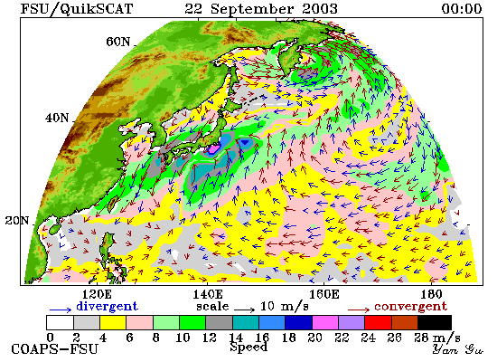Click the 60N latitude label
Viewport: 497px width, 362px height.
click(x=117, y=42)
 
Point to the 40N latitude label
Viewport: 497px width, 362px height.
click(x=57, y=119)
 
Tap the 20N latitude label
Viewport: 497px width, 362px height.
click(x=17, y=221)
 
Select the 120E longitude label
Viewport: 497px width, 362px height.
click(x=97, y=294)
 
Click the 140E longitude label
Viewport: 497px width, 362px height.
click(x=208, y=294)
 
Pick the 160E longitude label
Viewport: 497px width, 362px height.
click(x=324, y=294)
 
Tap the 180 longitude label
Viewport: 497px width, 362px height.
click(x=431, y=294)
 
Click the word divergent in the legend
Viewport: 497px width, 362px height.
click(x=108, y=306)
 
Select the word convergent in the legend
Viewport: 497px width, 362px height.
click(x=411, y=307)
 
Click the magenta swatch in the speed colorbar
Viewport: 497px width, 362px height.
click(x=325, y=322)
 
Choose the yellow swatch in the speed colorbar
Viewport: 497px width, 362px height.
click(x=113, y=322)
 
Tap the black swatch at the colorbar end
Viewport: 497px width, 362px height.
click(x=435, y=322)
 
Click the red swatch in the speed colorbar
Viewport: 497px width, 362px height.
click(x=378, y=322)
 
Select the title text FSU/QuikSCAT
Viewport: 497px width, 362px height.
click(x=77, y=9)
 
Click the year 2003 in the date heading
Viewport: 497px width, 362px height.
click(x=320, y=8)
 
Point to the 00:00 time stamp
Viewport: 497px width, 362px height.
click(x=462, y=8)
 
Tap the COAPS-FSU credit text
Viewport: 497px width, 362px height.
click(x=55, y=349)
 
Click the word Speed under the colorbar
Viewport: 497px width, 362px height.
click(x=248, y=347)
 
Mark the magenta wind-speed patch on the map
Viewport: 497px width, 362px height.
click(x=213, y=148)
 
